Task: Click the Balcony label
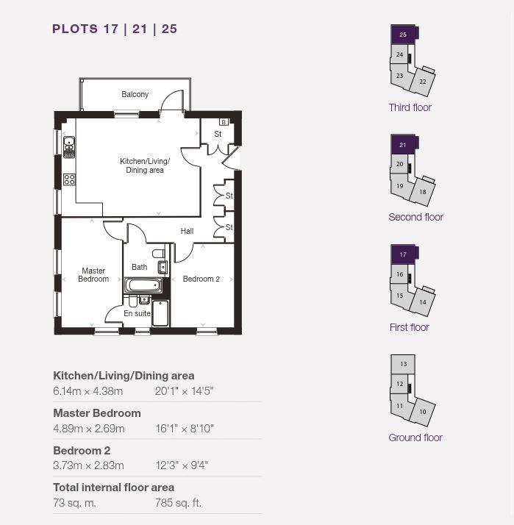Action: tap(135, 94)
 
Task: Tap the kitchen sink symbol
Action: tap(69, 147)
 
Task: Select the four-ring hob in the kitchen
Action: tap(69, 179)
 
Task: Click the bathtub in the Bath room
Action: tap(143, 285)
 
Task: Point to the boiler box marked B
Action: tap(224, 122)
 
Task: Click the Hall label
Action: tap(187, 231)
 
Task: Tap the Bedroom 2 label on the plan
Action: tap(201, 279)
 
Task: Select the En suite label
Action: tap(137, 313)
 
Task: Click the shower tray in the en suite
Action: tap(160, 313)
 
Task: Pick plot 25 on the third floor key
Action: tap(403, 35)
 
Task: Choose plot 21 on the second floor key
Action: tap(403, 145)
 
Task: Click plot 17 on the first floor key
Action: tap(403, 254)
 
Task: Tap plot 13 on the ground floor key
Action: tap(403, 364)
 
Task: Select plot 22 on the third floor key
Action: tap(423, 82)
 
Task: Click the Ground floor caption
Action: tap(415, 438)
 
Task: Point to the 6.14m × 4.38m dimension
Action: tap(88, 391)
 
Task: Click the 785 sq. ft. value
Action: tap(178, 503)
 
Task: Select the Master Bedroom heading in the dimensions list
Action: tap(97, 413)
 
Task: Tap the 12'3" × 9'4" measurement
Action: tap(182, 465)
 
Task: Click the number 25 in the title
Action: tap(169, 29)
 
